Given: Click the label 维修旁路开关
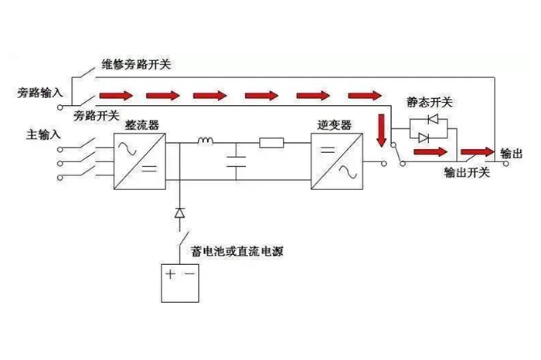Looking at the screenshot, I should (136, 64).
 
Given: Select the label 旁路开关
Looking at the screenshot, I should (97, 116).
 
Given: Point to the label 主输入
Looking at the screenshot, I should (43, 134).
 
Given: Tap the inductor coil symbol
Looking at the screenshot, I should (206, 141).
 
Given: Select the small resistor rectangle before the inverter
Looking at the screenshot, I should (271, 142).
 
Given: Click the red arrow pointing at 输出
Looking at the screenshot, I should (476, 151).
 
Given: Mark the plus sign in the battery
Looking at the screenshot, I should (171, 273).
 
